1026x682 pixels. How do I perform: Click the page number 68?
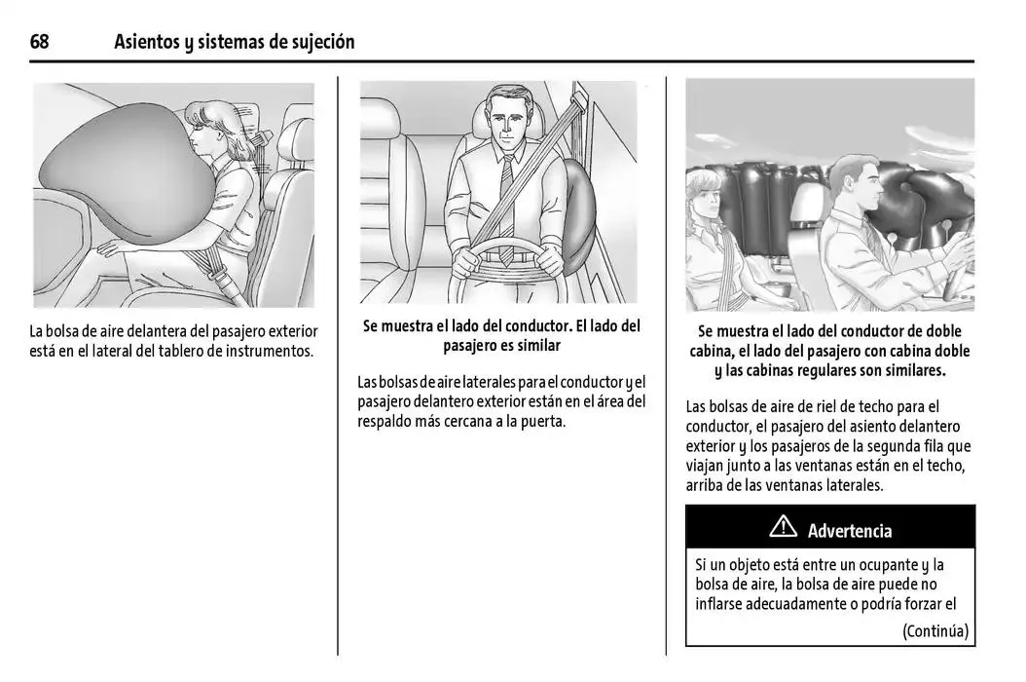pos(40,42)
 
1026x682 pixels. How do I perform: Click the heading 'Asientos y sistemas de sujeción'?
pos(234,42)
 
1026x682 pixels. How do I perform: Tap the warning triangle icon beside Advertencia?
pos(783,529)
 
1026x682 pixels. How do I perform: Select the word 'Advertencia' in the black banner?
pos(849,531)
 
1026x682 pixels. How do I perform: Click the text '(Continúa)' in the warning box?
pos(934,630)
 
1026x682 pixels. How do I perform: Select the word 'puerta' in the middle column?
pos(540,421)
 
